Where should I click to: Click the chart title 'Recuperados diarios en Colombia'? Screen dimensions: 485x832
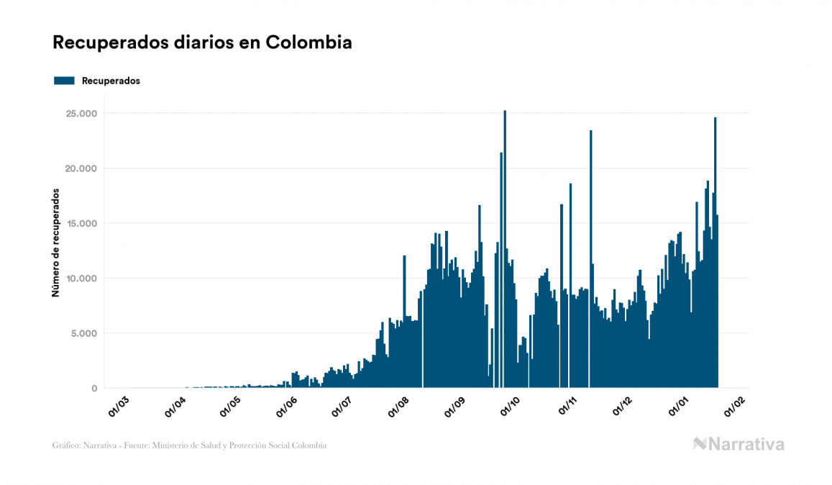click(x=202, y=42)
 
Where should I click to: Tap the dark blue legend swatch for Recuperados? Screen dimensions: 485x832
click(x=65, y=81)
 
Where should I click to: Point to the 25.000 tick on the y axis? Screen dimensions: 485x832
click(x=81, y=114)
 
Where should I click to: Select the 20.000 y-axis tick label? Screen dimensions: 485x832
click(x=81, y=168)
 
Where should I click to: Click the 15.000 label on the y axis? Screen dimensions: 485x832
click(x=81, y=224)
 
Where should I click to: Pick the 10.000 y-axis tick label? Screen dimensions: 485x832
click(x=81, y=278)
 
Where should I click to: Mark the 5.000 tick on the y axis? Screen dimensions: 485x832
click(x=84, y=333)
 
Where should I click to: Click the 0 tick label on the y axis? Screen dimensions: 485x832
click(x=94, y=389)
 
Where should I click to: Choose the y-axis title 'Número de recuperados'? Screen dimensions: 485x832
click(x=55, y=242)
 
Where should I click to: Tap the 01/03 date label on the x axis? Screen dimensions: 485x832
click(x=119, y=405)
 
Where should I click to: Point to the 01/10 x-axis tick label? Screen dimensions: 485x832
click(x=511, y=405)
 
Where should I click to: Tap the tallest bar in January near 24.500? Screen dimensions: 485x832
click(x=715, y=252)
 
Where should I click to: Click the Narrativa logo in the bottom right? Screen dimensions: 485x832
click(x=739, y=444)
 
